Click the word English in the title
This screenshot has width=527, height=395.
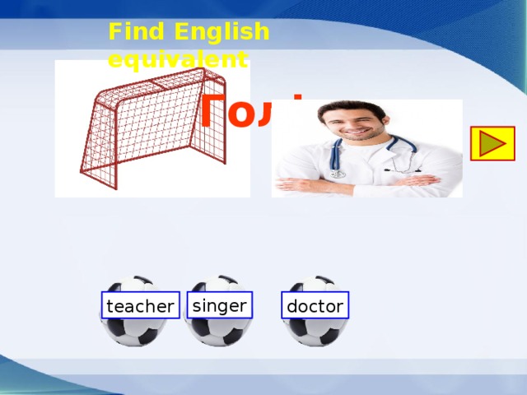coord(222,32)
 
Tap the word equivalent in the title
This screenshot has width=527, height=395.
coord(178,60)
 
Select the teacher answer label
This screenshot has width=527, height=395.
coord(140,307)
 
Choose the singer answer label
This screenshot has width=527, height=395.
coord(219,305)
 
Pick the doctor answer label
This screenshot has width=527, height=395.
coord(315,307)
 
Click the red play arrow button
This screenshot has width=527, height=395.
coord(492,143)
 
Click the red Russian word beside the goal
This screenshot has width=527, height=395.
coord(247,114)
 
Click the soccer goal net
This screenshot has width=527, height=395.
coord(148,132)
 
